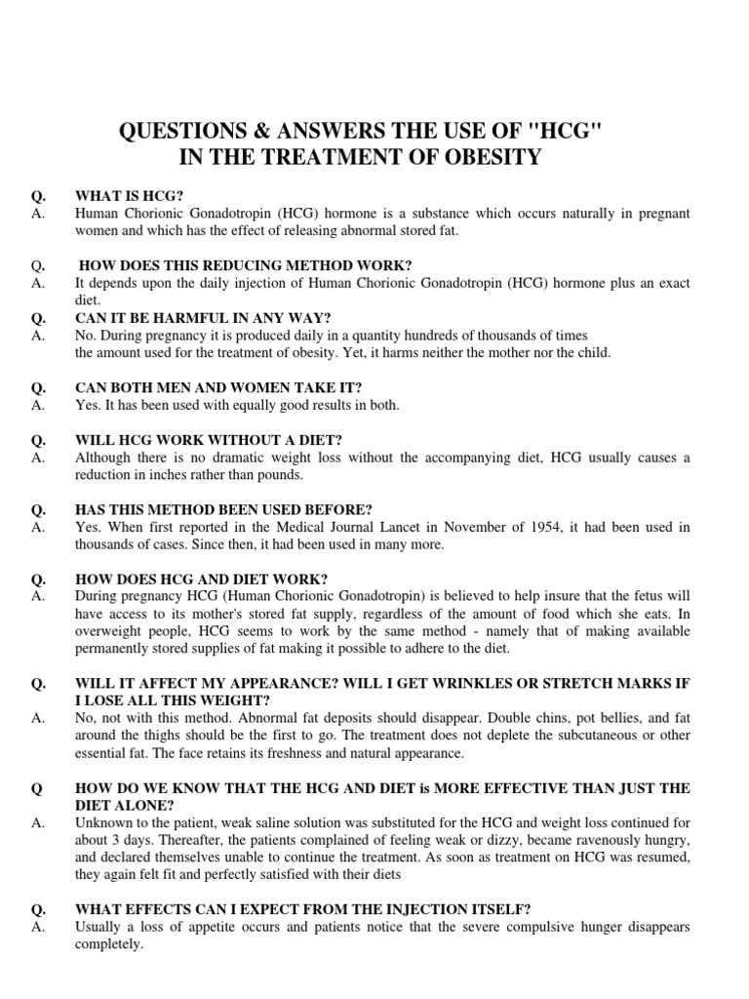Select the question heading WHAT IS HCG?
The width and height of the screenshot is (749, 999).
click(130, 196)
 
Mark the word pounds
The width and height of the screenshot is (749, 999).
click(283, 474)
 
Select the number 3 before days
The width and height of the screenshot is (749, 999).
click(116, 841)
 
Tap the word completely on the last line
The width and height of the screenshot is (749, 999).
click(108, 944)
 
